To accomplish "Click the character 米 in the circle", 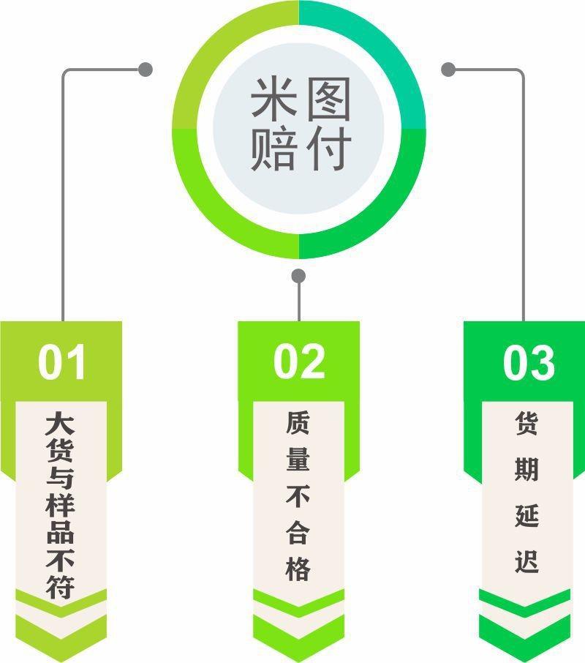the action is [273, 100].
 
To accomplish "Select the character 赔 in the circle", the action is [273, 150].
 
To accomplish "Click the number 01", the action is [62, 362].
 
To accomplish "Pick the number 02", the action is [299, 362].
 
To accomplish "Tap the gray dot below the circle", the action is [298, 276].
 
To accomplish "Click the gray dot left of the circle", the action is [146, 70].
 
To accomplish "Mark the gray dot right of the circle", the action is [449, 70].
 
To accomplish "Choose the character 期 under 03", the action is [526, 469].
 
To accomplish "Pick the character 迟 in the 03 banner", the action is [526, 563].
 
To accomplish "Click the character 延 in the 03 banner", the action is [526, 516].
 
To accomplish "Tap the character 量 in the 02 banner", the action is [298, 460].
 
